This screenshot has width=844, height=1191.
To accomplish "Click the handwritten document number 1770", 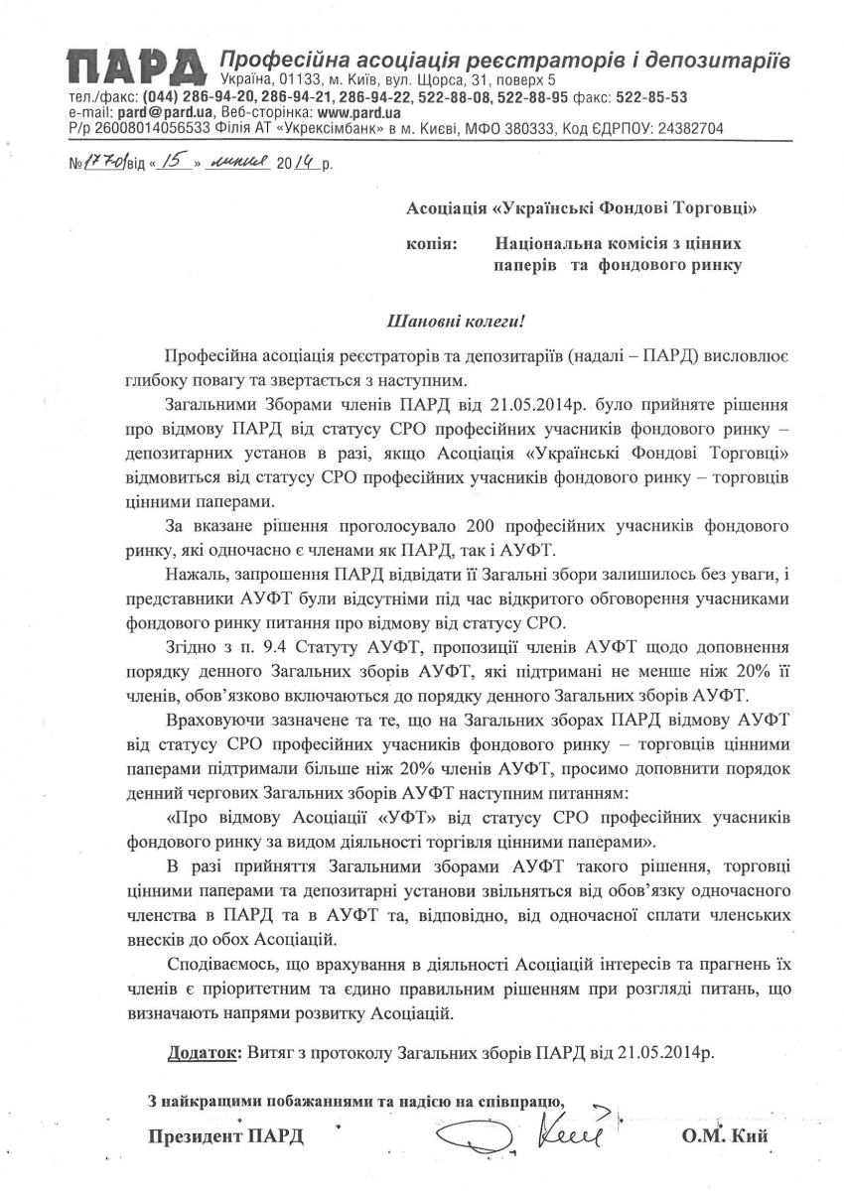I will [x=101, y=164].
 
